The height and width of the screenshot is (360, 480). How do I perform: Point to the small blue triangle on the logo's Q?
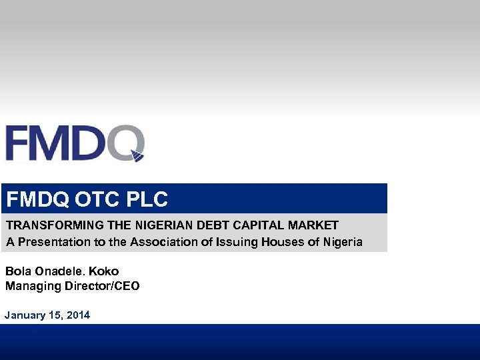point(137,157)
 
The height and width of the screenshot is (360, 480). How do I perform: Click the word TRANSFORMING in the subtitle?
point(48,225)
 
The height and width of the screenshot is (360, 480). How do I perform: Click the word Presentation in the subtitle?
point(52,242)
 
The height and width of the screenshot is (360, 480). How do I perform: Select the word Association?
point(163,242)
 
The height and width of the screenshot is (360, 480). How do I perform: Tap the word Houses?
point(287,242)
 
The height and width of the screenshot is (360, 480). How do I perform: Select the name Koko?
point(104,271)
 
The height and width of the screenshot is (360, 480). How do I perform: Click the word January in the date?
point(25,315)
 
